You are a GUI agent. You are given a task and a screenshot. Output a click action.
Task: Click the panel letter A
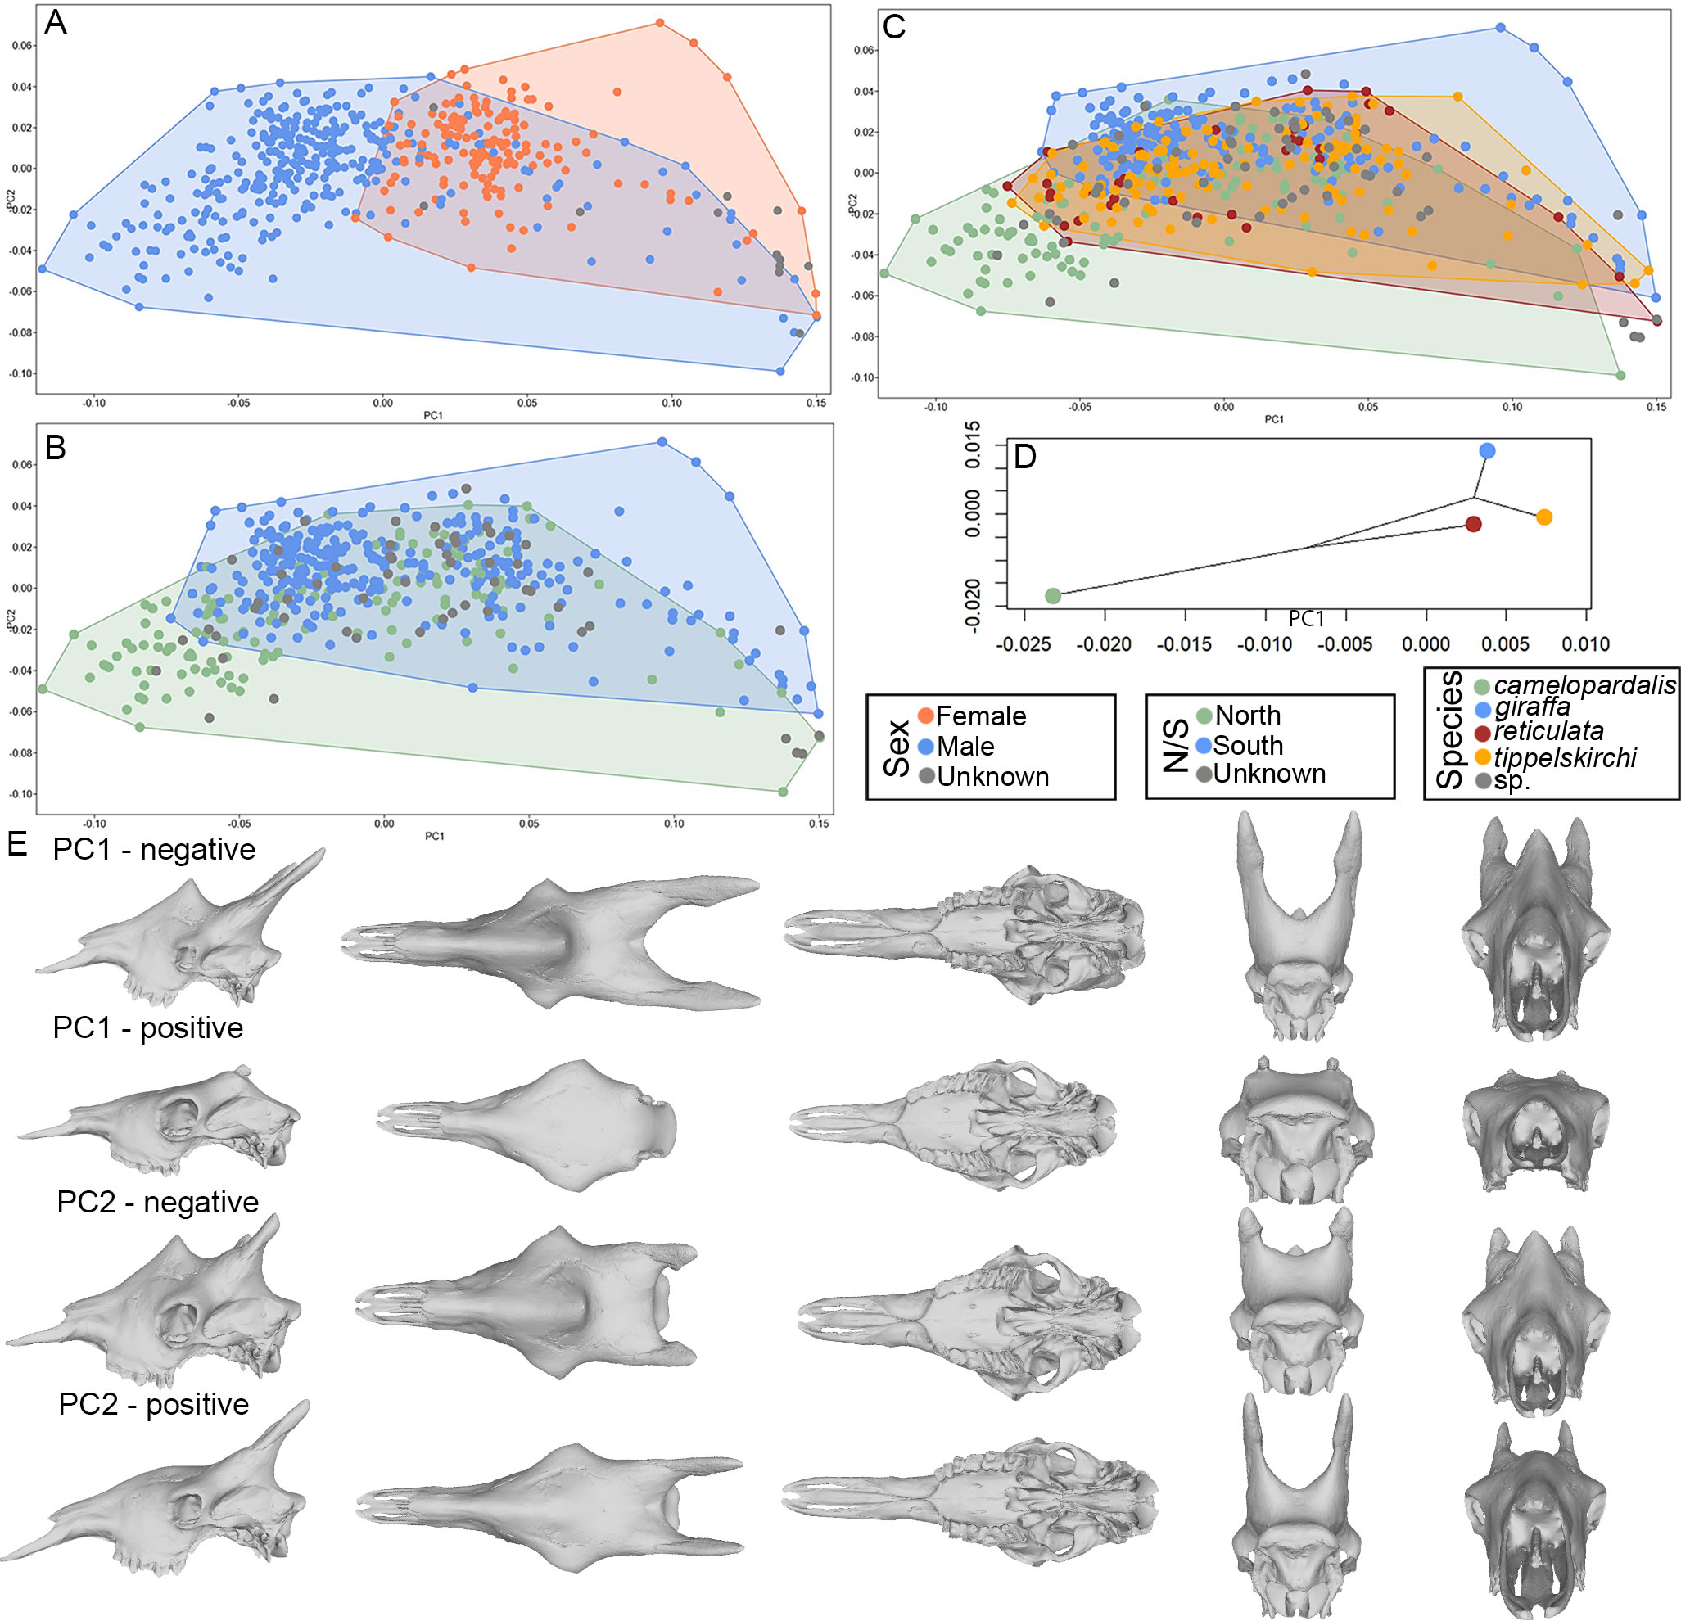[x=55, y=22]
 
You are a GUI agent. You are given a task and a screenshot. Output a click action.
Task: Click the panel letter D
[x=1025, y=456]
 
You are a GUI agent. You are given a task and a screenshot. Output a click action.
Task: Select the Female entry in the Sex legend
[x=980, y=716]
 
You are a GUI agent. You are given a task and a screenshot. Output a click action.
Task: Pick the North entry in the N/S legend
[x=1247, y=716]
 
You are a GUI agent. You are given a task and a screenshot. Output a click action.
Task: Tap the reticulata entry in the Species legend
[x=1548, y=732]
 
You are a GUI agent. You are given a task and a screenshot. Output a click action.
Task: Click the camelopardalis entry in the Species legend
[x=1584, y=685]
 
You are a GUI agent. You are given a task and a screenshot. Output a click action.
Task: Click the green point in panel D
[x=1053, y=596]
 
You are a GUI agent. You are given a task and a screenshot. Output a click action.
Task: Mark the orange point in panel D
[x=1543, y=517]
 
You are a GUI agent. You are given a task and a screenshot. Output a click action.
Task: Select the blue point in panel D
[x=1487, y=451]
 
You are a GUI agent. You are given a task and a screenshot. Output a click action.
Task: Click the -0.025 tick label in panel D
[x=1024, y=644]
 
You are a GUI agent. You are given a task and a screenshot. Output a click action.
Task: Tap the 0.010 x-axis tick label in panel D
[x=1586, y=644]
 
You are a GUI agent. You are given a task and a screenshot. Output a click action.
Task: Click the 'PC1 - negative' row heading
[x=155, y=849]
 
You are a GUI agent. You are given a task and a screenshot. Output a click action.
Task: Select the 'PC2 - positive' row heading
[x=155, y=1404]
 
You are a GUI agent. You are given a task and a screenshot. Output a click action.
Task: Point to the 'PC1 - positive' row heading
[x=148, y=1027]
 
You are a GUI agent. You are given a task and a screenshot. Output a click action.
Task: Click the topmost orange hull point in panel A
[x=659, y=22]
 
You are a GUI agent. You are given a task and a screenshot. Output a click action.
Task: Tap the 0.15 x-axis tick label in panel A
[x=816, y=403]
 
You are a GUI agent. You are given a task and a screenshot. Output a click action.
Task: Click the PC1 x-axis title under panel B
[x=435, y=836]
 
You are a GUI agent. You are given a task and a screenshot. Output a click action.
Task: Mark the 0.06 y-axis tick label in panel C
[x=865, y=51]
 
